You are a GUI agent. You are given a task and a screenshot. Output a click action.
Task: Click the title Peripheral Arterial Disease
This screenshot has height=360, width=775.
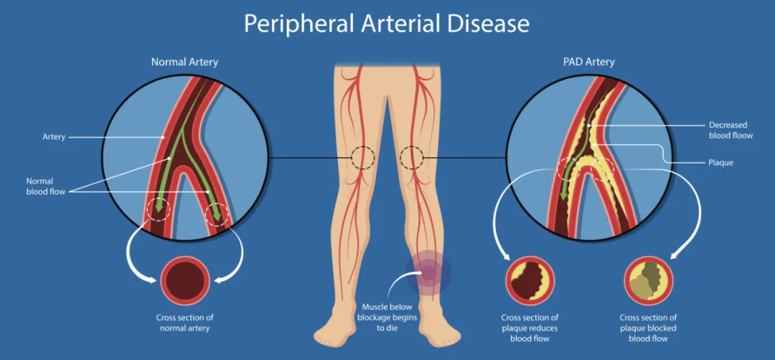387,24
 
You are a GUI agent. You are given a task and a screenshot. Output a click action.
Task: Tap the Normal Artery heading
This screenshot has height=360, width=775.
185,62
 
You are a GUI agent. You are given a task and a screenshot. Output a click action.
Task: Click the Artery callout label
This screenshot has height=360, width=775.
54,137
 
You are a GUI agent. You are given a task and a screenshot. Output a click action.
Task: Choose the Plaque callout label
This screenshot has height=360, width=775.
721,163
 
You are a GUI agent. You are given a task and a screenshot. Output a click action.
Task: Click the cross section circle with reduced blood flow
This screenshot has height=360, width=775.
530,280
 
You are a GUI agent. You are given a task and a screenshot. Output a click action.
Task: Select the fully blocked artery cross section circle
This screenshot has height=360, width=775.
649,280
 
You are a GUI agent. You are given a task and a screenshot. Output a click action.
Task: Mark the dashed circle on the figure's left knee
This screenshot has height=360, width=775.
411,158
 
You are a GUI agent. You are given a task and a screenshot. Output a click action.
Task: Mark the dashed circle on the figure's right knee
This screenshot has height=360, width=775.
363,158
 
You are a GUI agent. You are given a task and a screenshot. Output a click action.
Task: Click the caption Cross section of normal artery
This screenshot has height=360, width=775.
185,323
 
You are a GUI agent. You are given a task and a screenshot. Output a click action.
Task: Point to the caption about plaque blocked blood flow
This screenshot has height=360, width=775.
649,328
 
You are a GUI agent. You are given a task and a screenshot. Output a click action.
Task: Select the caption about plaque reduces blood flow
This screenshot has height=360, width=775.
530,328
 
